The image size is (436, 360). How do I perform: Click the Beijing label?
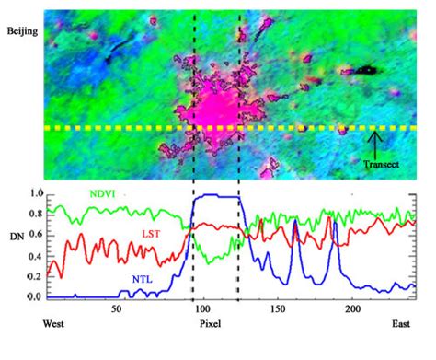pos(21,31)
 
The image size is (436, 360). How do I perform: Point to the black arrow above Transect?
pos(374,143)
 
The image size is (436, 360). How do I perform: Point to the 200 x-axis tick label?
pos(352,310)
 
